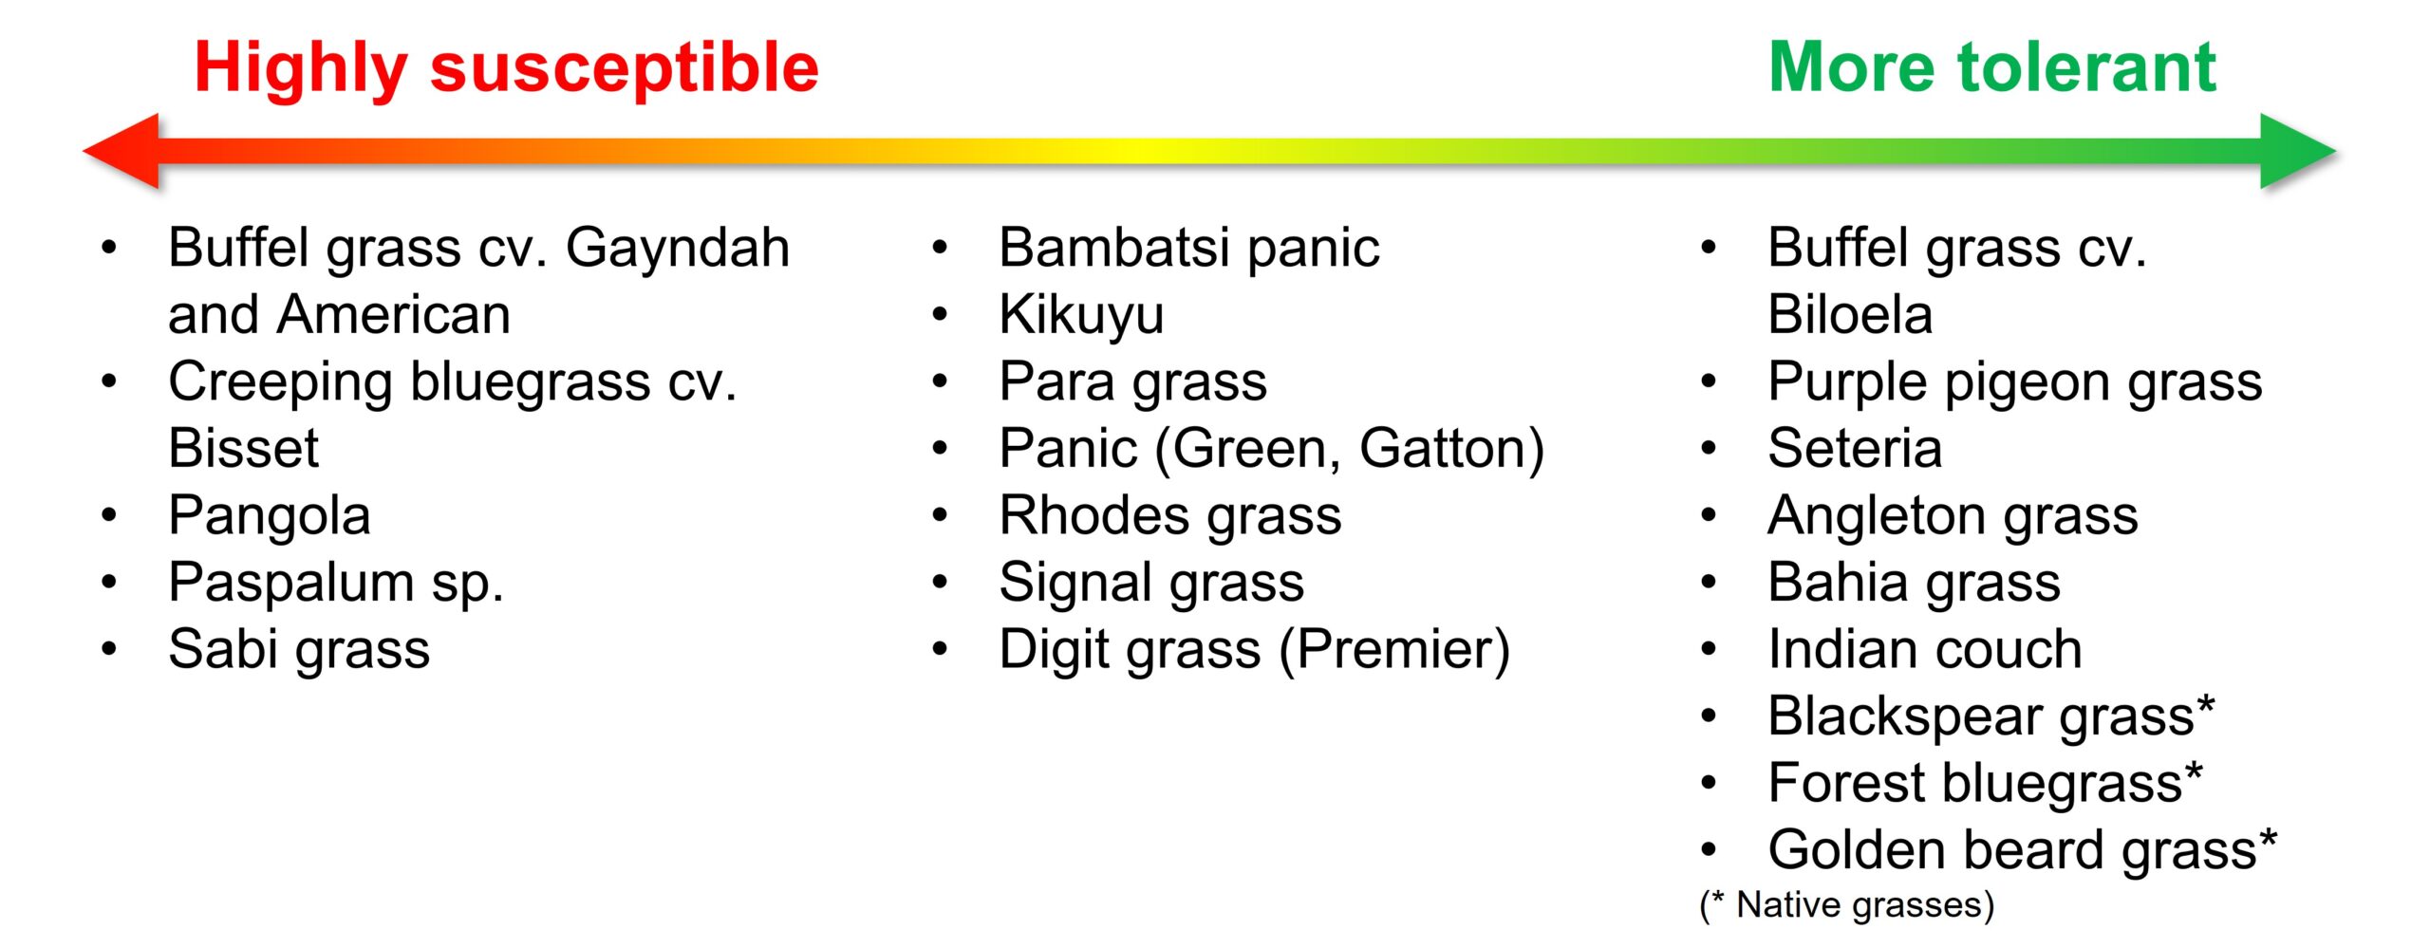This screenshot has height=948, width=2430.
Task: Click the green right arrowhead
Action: pyautogui.click(x=2297, y=151)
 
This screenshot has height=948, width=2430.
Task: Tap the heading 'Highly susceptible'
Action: pyautogui.click(x=507, y=68)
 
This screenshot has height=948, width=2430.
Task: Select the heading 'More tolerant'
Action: pyautogui.click(x=1992, y=67)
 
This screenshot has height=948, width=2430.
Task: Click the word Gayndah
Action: pyautogui.click(x=678, y=249)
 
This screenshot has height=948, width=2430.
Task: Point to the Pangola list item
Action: pyautogui.click(x=270, y=517)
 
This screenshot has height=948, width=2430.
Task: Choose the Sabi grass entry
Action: pyautogui.click(x=299, y=651)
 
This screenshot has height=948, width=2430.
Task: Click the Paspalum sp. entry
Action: pyautogui.click(x=335, y=584)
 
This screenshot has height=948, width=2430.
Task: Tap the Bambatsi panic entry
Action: pyautogui.click(x=1189, y=249)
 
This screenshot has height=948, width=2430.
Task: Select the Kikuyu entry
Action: pyautogui.click(x=1081, y=316)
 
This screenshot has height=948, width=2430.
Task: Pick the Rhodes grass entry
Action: pyautogui.click(x=1170, y=517)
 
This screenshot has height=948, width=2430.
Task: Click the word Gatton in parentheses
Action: pyautogui.click(x=1442, y=449)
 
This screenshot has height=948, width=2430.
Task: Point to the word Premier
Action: pyautogui.click(x=1394, y=651)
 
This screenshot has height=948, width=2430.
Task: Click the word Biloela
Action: pyautogui.click(x=1850, y=315)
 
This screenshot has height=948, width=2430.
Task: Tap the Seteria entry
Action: pyautogui.click(x=1855, y=449)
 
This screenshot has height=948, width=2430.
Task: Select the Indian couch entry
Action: pyautogui.click(x=1925, y=650)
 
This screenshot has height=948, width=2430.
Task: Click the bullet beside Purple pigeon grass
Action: pyautogui.click(x=1709, y=382)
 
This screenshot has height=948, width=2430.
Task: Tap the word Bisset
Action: pyautogui.click(x=244, y=449)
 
